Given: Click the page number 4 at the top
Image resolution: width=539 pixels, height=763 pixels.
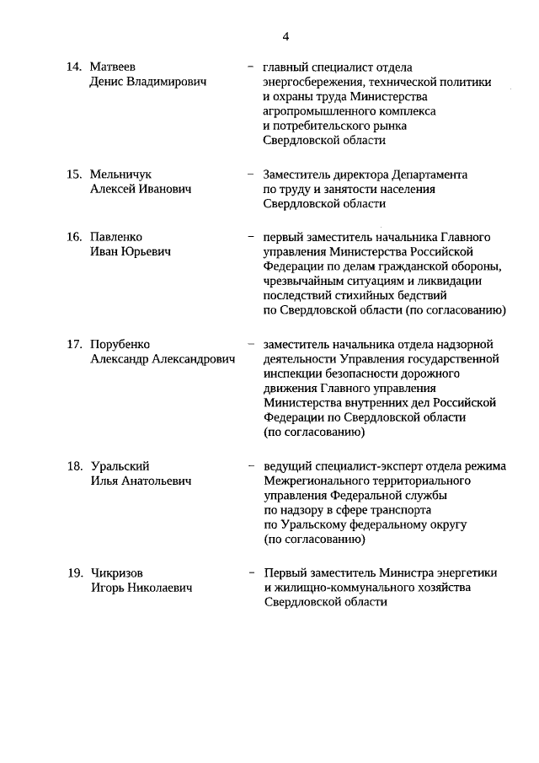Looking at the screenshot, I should [286, 36].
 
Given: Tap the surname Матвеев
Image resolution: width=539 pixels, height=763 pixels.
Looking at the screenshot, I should [114, 67].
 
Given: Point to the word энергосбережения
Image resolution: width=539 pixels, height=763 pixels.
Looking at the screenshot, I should [311, 82].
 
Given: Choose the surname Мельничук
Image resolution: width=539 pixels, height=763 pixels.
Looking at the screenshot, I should [120, 175].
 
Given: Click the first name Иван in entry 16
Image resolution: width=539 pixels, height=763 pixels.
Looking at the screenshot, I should [105, 252].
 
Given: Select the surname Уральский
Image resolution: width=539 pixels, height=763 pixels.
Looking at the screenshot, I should [120, 465].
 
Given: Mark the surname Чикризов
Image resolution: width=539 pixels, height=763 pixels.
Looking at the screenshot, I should [119, 572].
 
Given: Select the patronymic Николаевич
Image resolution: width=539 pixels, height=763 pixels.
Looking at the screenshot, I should [162, 587].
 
